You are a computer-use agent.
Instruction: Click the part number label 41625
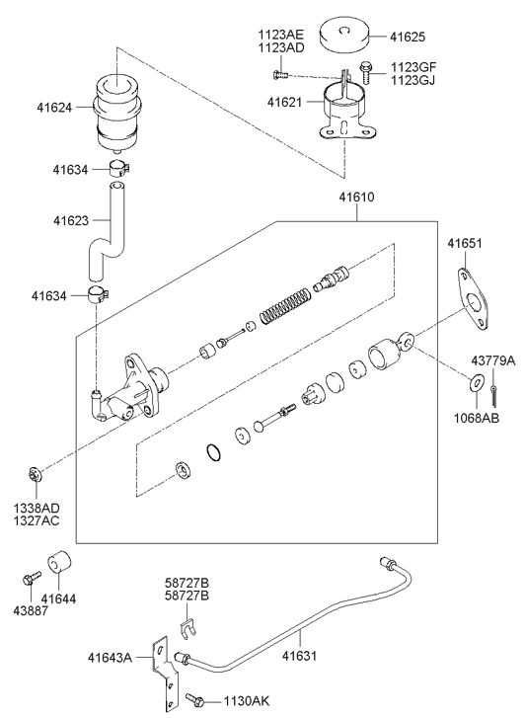point(407,37)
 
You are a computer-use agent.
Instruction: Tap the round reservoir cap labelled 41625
point(345,36)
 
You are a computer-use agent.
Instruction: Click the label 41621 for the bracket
point(284,102)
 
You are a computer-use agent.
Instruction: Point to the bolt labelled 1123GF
point(366,73)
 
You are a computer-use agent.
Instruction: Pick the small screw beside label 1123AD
point(280,74)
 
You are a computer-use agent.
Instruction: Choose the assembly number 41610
point(356,198)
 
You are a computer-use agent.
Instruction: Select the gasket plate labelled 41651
point(474,299)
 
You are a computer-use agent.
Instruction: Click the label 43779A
point(493,360)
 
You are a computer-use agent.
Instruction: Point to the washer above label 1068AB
point(477,382)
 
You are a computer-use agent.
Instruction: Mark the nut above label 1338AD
point(36,474)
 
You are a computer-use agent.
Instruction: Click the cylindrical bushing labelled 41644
point(60,561)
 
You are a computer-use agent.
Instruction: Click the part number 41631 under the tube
point(299,656)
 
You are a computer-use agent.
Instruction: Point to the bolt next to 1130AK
point(195,699)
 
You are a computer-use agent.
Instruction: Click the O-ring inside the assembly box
point(214,453)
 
